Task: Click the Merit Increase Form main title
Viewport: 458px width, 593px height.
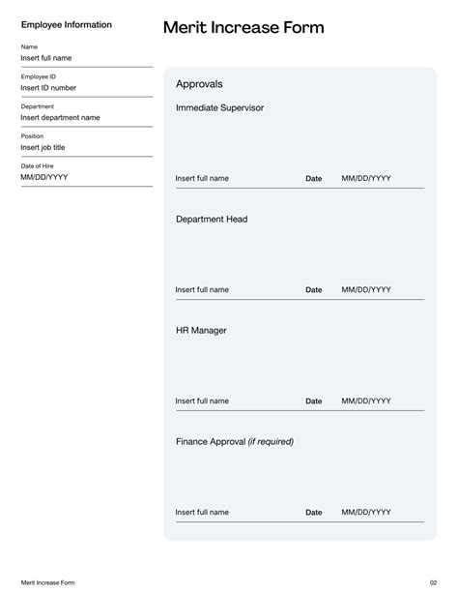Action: coord(243,28)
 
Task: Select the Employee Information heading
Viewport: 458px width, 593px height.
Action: coord(67,25)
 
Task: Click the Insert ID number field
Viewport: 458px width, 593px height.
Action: coord(48,88)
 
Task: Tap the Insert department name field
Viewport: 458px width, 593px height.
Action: coord(60,118)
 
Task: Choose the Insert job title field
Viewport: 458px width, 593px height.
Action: coord(43,148)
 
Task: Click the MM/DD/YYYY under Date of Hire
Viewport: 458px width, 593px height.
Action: coord(44,178)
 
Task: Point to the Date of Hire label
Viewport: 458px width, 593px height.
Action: coord(38,166)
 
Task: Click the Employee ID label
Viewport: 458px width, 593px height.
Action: coord(38,76)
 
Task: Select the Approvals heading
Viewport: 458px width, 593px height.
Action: coord(200,84)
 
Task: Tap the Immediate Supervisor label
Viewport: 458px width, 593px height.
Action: coord(219,108)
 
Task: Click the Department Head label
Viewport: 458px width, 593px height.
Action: coord(212,220)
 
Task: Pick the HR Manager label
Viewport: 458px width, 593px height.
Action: coord(201,331)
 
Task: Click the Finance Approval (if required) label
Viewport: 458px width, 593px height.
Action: coord(234,442)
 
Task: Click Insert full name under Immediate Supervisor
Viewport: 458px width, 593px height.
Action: coord(202,179)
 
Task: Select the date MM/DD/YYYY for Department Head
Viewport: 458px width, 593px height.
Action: coord(366,290)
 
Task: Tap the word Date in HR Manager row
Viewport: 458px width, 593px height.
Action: coord(314,401)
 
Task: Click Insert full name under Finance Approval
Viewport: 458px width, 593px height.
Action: coord(202,513)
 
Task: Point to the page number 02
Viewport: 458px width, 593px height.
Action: coord(434,582)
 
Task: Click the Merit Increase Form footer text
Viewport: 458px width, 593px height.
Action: coord(47,582)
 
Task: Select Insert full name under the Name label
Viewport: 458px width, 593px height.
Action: coord(46,58)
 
